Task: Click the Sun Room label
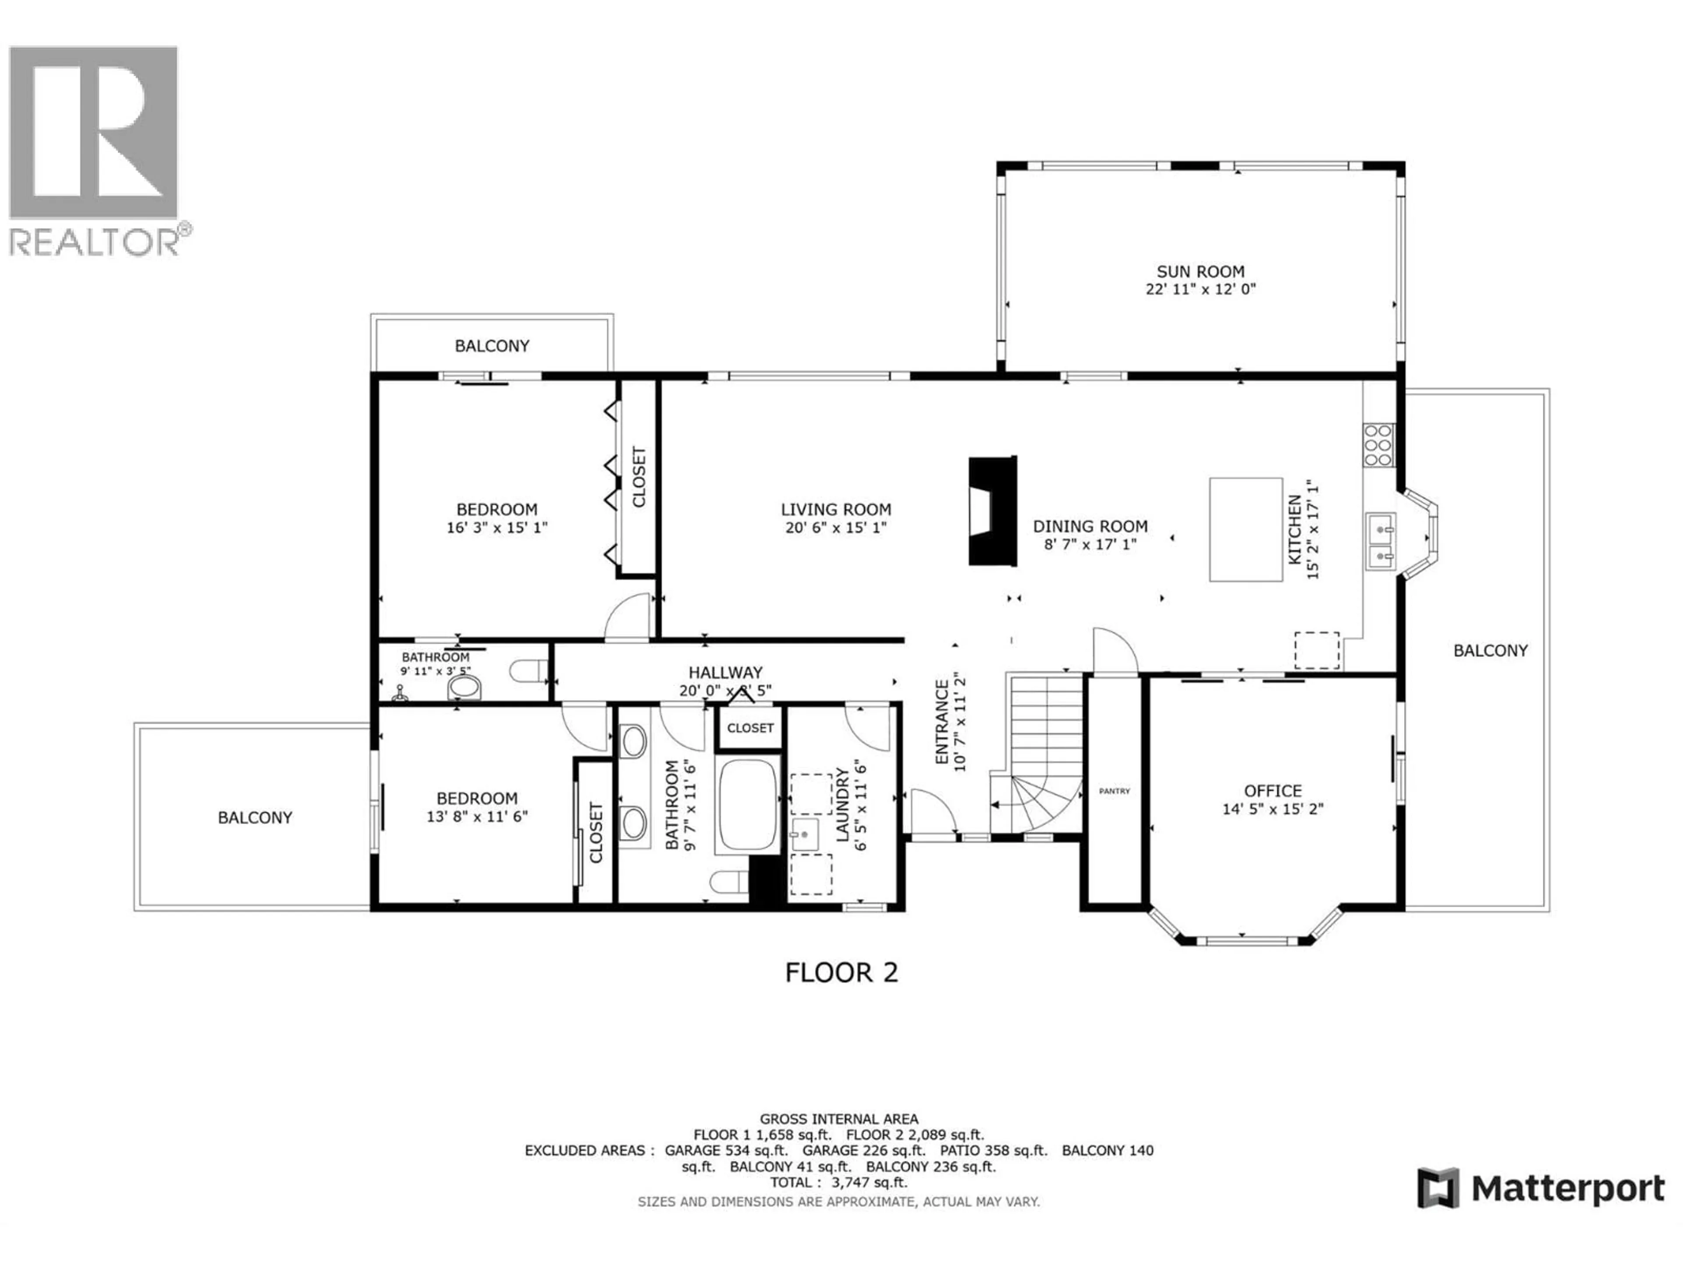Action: [x=1200, y=272]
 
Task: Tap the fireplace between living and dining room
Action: [x=992, y=511]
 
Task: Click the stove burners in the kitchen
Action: [x=1378, y=445]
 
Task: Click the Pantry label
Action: [x=1114, y=791]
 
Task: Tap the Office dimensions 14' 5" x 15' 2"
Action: [x=1272, y=809]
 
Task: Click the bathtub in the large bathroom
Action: [x=747, y=805]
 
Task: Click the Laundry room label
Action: [x=842, y=805]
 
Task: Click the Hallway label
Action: [x=724, y=673]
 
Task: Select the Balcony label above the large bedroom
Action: [x=491, y=346]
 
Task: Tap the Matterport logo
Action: [x=1541, y=1188]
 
